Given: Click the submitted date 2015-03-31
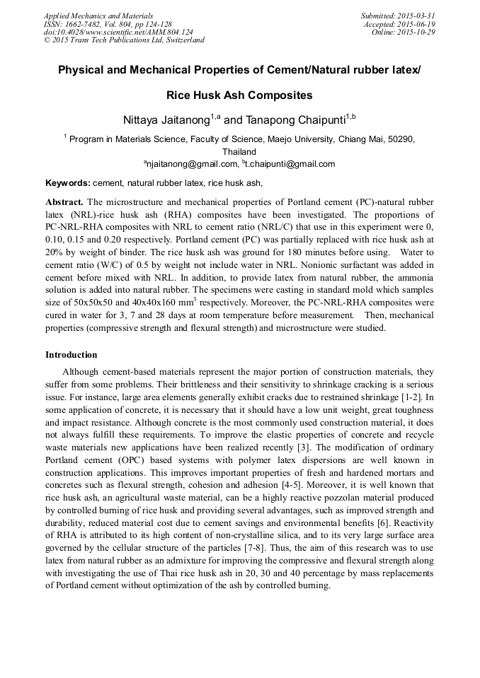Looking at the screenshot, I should tap(416, 15).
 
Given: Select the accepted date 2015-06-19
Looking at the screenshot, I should tap(416, 23).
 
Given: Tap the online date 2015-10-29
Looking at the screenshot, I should tap(416, 32).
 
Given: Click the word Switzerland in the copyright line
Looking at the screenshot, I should tap(181, 40).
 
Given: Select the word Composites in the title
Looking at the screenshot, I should tap(278, 95).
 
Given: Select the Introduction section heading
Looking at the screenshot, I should tap(72, 354).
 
